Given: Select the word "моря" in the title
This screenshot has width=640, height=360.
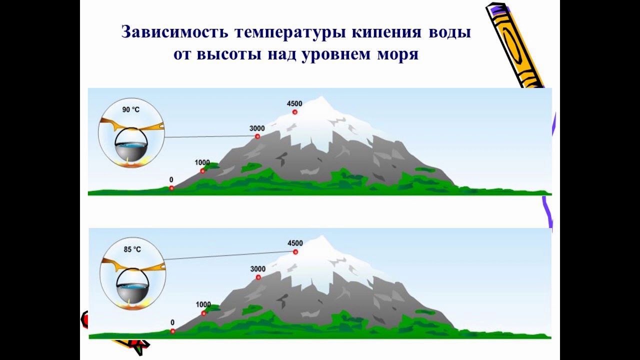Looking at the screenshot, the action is [x=396, y=54].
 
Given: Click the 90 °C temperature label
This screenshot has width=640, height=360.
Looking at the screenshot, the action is [x=131, y=108].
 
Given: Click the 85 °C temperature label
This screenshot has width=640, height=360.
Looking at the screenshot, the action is [x=132, y=248].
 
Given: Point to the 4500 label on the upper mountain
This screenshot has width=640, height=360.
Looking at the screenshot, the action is [x=294, y=103].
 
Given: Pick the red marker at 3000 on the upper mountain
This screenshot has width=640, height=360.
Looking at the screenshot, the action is [x=257, y=136].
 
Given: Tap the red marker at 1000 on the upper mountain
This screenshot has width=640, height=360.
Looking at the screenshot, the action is [x=203, y=171].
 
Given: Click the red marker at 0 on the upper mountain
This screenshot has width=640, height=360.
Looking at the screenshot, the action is [x=171, y=188].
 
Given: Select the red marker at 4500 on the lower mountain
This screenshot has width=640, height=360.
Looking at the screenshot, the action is [x=295, y=252].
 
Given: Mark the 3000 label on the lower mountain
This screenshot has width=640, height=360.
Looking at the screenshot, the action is [x=257, y=269].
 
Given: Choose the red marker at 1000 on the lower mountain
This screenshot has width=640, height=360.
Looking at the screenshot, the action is [x=203, y=313].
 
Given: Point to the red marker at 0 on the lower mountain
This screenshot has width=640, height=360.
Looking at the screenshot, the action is [x=172, y=331].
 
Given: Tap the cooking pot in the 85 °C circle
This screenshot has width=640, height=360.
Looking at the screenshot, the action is [x=132, y=287].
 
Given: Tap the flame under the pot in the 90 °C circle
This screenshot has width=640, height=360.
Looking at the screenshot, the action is [x=130, y=161].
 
